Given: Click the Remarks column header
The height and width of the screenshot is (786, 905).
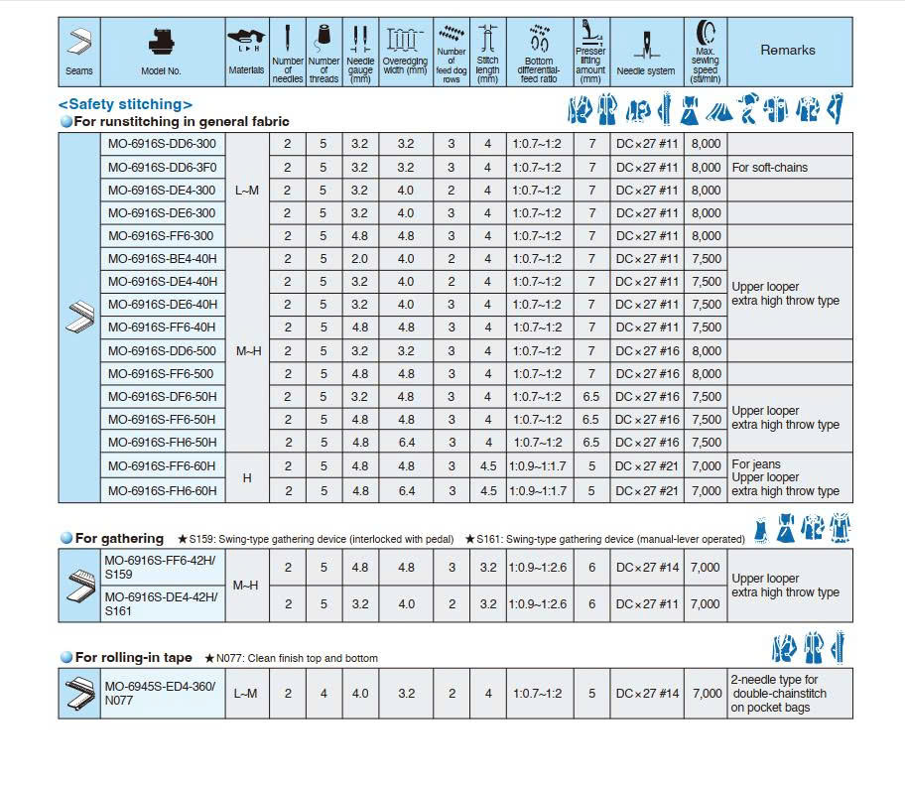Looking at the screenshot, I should pos(788,51).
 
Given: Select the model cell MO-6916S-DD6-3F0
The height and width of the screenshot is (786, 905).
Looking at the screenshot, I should pos(161,168).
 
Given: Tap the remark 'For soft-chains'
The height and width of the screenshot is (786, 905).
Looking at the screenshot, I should pos(769,168).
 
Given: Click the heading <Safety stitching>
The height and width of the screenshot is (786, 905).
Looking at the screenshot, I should pos(125,104).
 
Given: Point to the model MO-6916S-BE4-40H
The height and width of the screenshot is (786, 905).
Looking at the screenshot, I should pos(162,259).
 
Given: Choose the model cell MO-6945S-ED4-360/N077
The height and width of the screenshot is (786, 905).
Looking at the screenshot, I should pos(160,693).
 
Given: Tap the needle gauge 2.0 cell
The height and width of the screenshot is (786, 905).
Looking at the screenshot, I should pos(359,259).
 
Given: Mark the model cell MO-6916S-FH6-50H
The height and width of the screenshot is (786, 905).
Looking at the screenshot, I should pos(162,443).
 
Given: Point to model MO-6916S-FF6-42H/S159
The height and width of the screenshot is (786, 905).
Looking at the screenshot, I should pos(160,567).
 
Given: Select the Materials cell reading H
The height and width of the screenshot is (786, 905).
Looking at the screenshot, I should pos(247,477).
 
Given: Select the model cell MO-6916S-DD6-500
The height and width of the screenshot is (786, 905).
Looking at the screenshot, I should pos(162,351).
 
